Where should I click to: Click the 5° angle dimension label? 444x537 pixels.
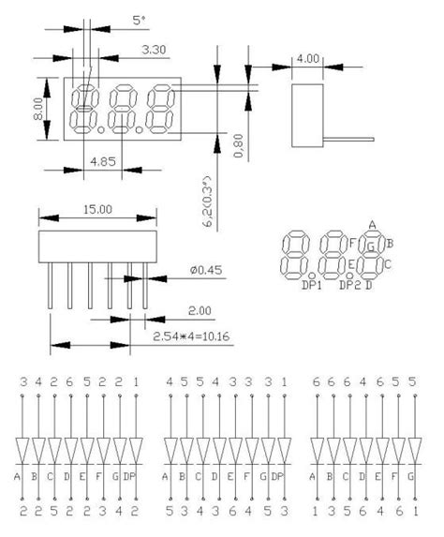point(140,20)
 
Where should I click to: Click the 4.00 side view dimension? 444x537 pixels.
point(308,58)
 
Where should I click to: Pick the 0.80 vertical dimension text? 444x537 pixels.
point(238,145)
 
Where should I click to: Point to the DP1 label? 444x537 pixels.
point(311,284)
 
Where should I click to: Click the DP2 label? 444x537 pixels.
point(349,284)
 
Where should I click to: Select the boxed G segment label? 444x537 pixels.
point(371,246)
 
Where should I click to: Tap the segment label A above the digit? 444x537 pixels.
point(372,224)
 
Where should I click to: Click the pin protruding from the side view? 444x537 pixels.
point(348,140)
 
